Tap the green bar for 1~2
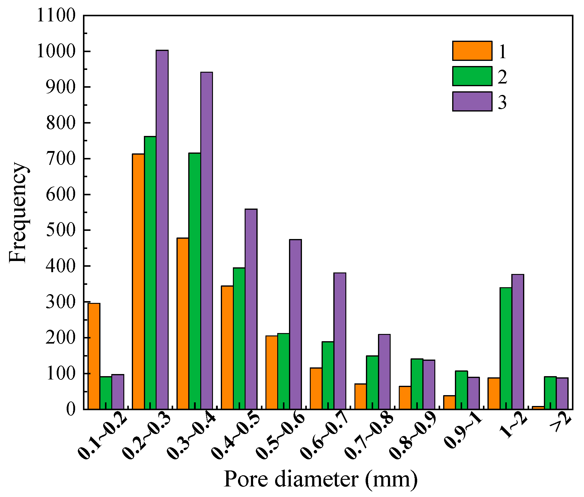pyautogui.click(x=506, y=348)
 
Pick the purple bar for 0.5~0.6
pyautogui.click(x=295, y=324)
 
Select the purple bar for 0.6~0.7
pyautogui.click(x=340, y=341)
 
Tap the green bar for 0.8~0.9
pyautogui.click(x=417, y=384)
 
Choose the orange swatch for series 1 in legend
pyautogui.click(x=472, y=51)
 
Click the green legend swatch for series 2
pyautogui.click(x=472, y=76)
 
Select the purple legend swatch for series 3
pyautogui.click(x=472, y=101)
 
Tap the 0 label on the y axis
pyautogui.click(x=71, y=409)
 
